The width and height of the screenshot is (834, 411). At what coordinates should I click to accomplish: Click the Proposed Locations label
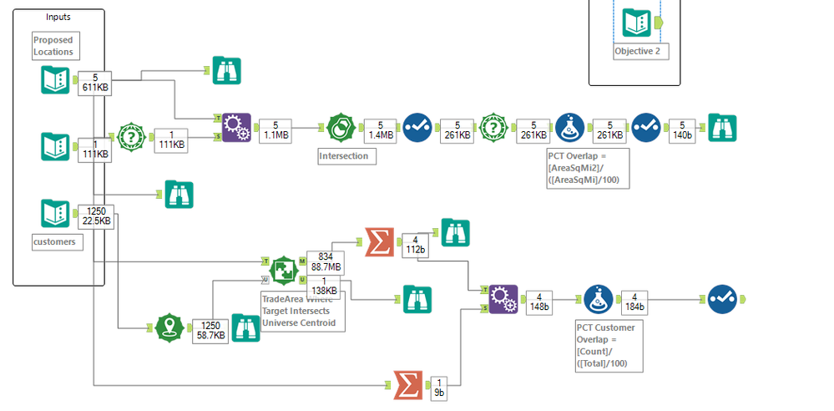pos(53,46)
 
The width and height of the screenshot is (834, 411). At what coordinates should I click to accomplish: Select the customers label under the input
pos(54,241)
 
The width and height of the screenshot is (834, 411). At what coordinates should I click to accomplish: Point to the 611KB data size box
pos(95,83)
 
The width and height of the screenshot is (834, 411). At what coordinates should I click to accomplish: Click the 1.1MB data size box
pos(275,129)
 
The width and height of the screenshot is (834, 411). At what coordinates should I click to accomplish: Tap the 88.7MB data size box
pos(325,261)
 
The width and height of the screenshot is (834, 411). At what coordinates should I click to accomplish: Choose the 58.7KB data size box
pos(208,329)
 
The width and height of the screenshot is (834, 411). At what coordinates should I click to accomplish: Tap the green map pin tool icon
pos(169,327)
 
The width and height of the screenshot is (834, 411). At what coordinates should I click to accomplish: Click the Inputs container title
pos(58,17)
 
